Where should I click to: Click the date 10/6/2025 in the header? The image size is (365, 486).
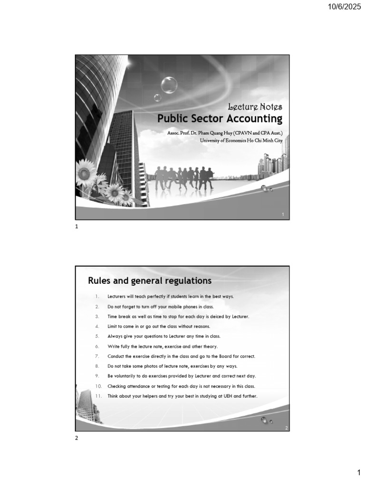[x=341, y=9]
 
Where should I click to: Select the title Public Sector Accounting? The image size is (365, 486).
[x=220, y=118]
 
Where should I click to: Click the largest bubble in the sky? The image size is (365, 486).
[x=169, y=85]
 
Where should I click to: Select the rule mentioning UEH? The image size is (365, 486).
[x=182, y=396]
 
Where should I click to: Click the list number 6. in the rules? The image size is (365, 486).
[x=96, y=346]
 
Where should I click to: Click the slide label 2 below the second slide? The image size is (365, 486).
[x=76, y=438]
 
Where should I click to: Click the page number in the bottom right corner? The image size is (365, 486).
[x=359, y=473]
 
